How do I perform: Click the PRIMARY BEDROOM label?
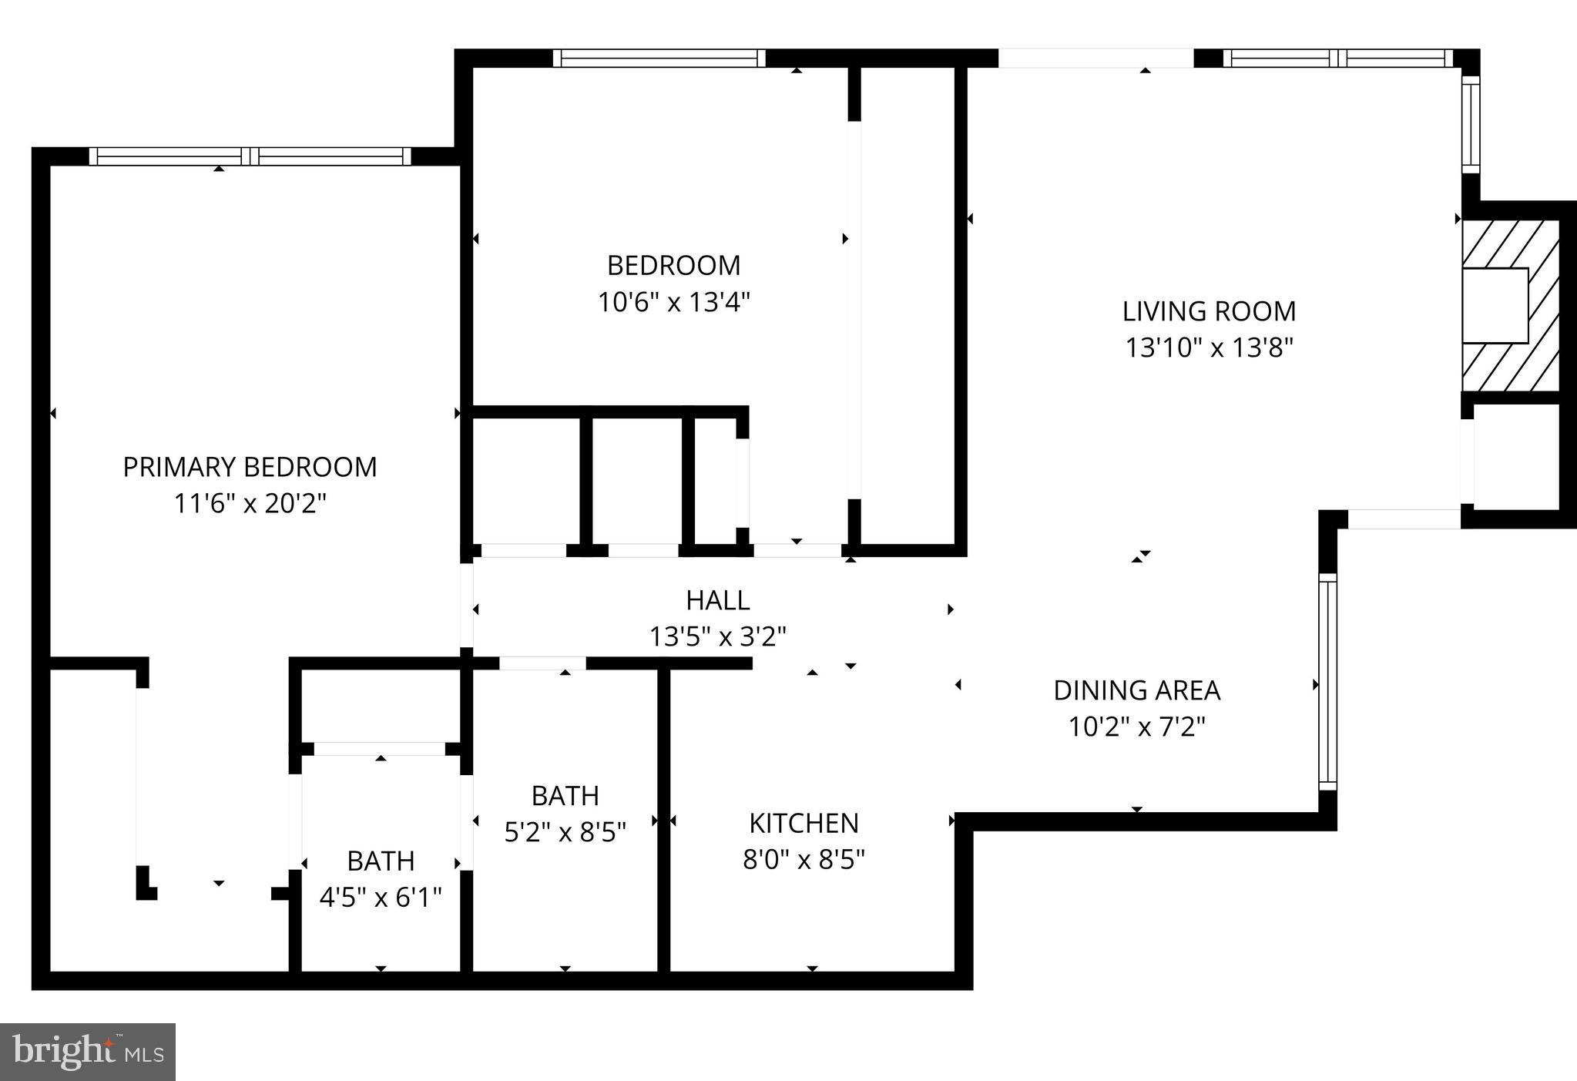pyautogui.click(x=250, y=467)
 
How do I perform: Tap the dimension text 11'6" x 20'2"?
pyautogui.click(x=250, y=504)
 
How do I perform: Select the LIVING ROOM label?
pyautogui.click(x=1208, y=311)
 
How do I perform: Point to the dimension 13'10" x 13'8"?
pyautogui.click(x=1208, y=347)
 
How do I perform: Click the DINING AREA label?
pyautogui.click(x=1136, y=690)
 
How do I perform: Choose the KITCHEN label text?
pyautogui.click(x=804, y=823)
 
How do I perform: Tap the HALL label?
pyautogui.click(x=717, y=599)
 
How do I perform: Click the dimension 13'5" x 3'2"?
pyautogui.click(x=717, y=636)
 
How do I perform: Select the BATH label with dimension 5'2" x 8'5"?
pyautogui.click(x=565, y=795)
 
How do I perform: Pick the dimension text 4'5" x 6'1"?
pyautogui.click(x=381, y=897)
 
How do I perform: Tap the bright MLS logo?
pyautogui.click(x=88, y=1052)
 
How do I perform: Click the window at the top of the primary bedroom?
pyautogui.click(x=250, y=156)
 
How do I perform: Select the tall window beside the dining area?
pyautogui.click(x=1327, y=682)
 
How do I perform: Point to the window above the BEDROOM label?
pyautogui.click(x=659, y=59)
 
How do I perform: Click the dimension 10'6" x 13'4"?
pyautogui.click(x=673, y=302)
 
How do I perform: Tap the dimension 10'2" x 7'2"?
pyautogui.click(x=1136, y=727)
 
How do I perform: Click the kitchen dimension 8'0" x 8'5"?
pyautogui.click(x=804, y=859)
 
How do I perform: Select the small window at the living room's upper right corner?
pyautogui.click(x=1471, y=123)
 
